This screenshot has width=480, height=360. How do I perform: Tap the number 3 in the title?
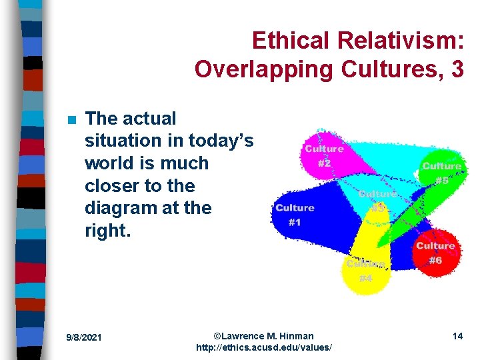click(x=457, y=69)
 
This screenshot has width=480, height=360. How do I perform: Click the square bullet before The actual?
click(x=72, y=120)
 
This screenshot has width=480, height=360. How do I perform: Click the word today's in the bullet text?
click(x=221, y=141)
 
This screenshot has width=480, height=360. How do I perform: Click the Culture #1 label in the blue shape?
click(x=295, y=215)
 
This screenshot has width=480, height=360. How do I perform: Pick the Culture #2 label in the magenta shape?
click(x=324, y=155)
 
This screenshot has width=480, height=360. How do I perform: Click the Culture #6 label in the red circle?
click(x=435, y=253)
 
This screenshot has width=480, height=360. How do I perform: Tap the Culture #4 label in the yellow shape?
click(x=365, y=271)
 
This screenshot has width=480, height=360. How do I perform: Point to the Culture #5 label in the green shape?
click(x=441, y=173)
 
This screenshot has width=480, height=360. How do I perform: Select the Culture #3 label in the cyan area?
click(x=377, y=201)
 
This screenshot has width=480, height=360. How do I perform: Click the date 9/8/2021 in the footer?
click(x=83, y=337)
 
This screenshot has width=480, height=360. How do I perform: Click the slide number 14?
click(x=457, y=336)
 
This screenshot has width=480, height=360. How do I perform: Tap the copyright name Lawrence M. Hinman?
click(x=268, y=335)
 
